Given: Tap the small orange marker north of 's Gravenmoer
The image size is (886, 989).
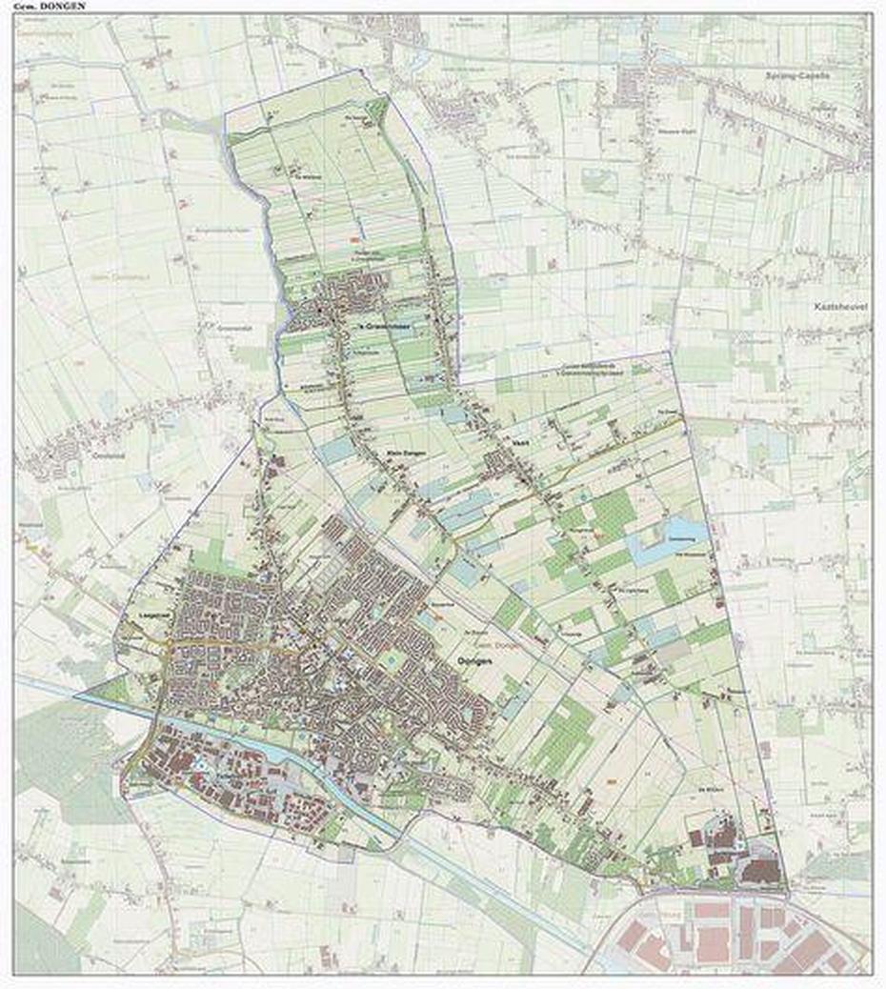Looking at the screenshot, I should click(x=353, y=238).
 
